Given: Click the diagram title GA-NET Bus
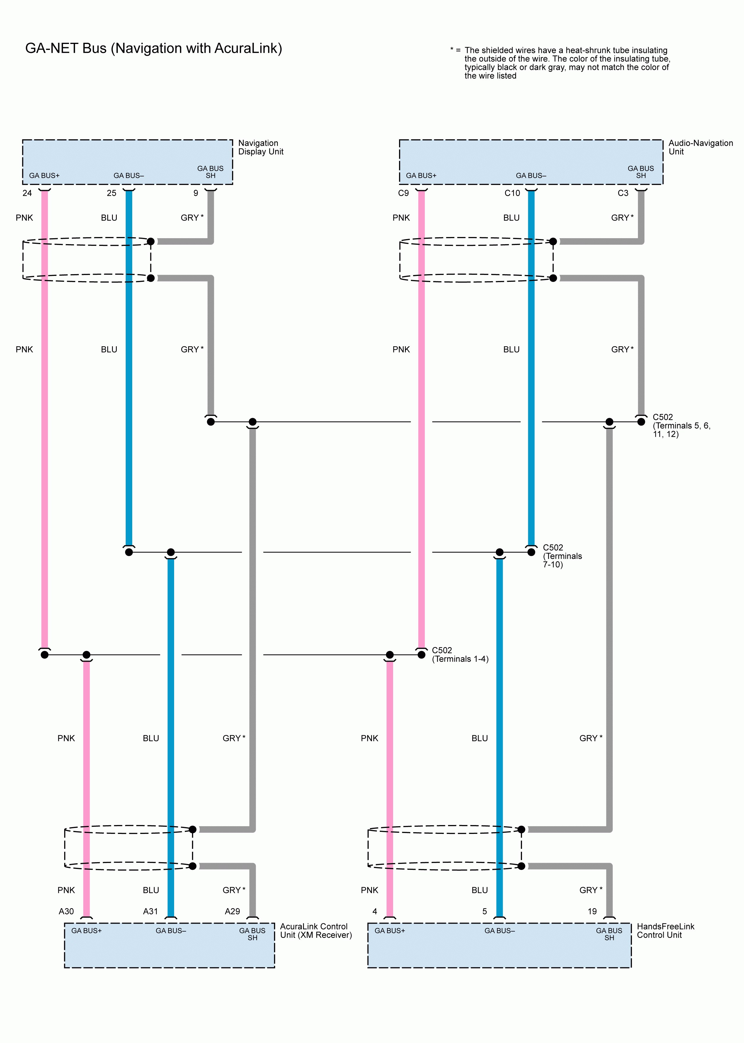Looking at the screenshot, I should [154, 48].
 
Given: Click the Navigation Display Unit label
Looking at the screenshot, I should [260, 147].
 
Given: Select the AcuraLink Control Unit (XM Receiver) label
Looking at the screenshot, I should [316, 931].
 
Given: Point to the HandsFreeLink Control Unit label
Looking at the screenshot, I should [665, 931].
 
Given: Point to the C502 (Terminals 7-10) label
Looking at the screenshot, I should [562, 556].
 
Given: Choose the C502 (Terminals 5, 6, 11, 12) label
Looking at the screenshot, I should [681, 425].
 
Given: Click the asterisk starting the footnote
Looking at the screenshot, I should [452, 50].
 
